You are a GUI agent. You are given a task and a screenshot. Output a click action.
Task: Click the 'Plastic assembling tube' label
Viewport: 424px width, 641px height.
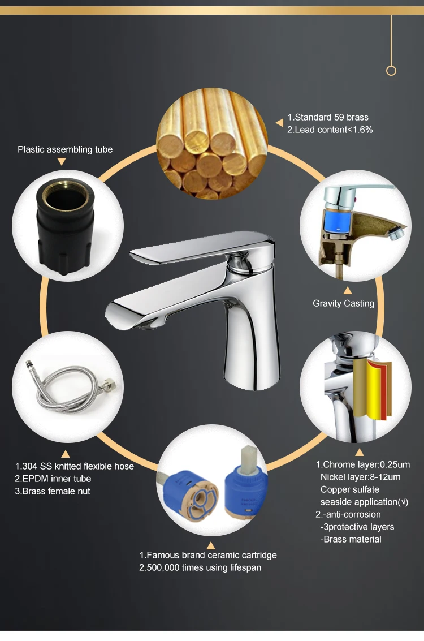(65, 149)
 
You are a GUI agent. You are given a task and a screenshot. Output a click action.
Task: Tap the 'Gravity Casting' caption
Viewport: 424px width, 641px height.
(344, 303)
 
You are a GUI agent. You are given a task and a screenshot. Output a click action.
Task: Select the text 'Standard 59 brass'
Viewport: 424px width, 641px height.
(328, 117)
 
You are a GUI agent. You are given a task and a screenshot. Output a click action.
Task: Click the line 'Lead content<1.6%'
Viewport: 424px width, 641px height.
(330, 130)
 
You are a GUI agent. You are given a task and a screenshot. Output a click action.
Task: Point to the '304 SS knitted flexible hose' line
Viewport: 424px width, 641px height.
(74, 466)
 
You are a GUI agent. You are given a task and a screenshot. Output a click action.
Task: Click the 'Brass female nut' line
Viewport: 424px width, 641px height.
(53, 491)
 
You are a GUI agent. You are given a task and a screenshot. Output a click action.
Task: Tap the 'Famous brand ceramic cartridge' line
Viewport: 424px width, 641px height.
(208, 555)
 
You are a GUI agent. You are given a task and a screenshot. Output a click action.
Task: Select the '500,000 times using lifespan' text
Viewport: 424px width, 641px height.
(200, 567)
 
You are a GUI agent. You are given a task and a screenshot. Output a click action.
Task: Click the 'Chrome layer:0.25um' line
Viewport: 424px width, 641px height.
(362, 464)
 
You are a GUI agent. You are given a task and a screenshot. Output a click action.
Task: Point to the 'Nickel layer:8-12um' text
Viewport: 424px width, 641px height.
(360, 477)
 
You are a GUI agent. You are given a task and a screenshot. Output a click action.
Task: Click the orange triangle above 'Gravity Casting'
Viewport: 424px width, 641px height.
(348, 291)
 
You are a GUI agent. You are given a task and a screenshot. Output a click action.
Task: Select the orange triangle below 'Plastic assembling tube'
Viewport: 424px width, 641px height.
(62, 162)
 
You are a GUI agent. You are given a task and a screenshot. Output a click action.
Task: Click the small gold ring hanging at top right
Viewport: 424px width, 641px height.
(391, 71)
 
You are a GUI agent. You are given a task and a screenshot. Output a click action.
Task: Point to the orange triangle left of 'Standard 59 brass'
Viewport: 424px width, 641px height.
(279, 123)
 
